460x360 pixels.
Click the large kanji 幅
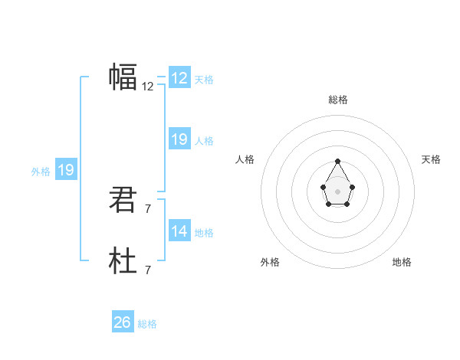[x=123, y=77]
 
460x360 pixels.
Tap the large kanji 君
[x=123, y=200]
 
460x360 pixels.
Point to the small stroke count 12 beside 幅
[x=147, y=87]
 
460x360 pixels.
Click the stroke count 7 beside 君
[x=147, y=208]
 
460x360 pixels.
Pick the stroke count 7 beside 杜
[x=147, y=270]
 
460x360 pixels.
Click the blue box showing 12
[x=179, y=78]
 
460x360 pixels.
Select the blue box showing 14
[x=179, y=231]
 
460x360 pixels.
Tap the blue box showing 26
[x=123, y=322]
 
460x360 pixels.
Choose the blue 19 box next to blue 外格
[x=66, y=170]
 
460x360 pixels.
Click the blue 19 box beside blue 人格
[x=179, y=139]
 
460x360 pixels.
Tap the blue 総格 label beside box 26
[x=147, y=324]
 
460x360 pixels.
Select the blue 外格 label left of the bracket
[x=41, y=172]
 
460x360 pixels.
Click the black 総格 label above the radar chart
[x=338, y=100]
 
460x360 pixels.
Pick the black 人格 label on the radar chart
[x=245, y=159]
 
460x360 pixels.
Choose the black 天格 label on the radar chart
[x=432, y=159]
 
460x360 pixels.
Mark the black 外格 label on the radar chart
[x=270, y=262]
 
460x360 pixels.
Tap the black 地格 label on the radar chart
[x=402, y=262]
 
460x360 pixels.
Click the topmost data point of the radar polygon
[x=338, y=161]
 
